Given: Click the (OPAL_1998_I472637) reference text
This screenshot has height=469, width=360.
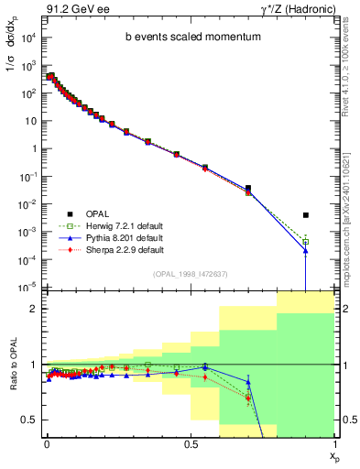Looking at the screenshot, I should [190, 273].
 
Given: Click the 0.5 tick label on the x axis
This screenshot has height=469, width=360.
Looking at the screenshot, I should [191, 442].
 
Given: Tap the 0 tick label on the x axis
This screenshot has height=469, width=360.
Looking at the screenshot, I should [46, 442].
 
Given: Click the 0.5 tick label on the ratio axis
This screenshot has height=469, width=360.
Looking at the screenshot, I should [30, 420].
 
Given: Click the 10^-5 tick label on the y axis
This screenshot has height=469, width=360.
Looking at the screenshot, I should [29, 288].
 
